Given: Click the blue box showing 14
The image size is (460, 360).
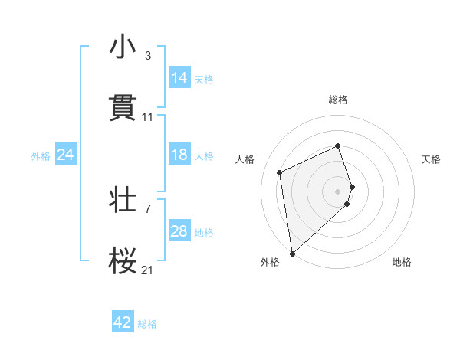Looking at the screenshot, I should (179, 78).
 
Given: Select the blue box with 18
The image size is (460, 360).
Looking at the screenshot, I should (179, 155).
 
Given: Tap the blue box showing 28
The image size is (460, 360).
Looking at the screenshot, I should (179, 231).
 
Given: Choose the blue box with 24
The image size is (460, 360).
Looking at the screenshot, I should (66, 155).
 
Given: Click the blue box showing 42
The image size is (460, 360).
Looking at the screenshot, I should (123, 322).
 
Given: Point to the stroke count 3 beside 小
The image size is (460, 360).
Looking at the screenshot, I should (148, 56).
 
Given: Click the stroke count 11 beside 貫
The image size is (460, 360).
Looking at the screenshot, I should (148, 117).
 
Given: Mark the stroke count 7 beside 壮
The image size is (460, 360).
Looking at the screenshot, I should (148, 208).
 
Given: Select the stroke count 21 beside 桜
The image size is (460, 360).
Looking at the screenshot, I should (148, 270).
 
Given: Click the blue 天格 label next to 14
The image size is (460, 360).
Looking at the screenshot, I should (204, 79).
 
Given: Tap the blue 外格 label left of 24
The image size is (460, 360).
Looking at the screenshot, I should (41, 155).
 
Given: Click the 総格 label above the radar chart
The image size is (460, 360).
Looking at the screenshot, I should (338, 100).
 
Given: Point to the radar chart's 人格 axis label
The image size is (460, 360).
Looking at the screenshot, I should (245, 159).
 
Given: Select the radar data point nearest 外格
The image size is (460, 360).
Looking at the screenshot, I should (292, 254).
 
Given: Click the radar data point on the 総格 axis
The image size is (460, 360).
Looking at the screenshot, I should (338, 146).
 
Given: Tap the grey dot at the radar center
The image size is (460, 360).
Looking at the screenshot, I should (338, 191).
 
